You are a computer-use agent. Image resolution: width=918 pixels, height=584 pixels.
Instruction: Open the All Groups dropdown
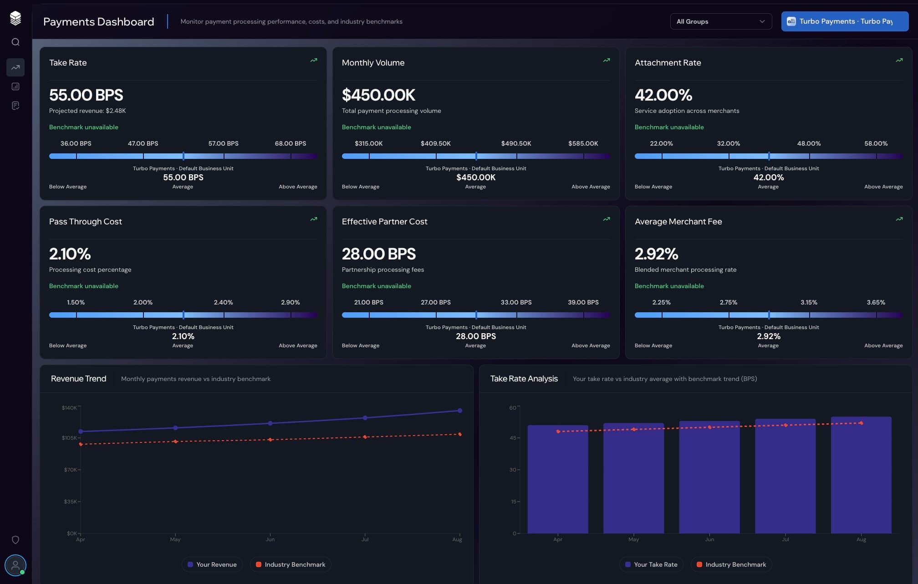tap(720, 21)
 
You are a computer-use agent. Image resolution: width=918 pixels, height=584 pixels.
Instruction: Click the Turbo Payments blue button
tap(844, 21)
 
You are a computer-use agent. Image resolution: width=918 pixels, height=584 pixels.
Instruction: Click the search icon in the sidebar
tap(15, 42)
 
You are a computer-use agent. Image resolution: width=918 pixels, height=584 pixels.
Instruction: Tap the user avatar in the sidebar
tap(15, 565)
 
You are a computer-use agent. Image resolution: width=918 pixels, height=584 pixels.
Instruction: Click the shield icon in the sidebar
tap(15, 540)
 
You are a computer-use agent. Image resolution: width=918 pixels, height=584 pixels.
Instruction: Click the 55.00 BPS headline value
tap(86, 95)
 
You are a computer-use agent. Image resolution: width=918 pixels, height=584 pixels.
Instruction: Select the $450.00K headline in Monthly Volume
tap(378, 95)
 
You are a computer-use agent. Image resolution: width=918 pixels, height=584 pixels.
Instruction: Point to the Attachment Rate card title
tap(668, 63)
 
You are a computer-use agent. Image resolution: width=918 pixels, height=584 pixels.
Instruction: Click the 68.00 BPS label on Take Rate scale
tap(290, 143)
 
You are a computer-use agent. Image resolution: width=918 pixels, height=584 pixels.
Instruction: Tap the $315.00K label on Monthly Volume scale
tap(368, 143)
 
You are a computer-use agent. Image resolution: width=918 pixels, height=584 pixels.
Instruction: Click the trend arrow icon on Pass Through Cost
tap(314, 219)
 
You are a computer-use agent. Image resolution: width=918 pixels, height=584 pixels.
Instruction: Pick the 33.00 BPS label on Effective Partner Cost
tap(516, 302)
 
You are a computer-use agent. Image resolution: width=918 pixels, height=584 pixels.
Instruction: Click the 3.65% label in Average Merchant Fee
tap(876, 302)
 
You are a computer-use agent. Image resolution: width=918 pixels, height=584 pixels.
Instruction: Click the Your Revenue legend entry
tap(212, 564)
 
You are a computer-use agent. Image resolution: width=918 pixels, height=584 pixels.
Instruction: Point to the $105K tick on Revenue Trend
tap(69, 438)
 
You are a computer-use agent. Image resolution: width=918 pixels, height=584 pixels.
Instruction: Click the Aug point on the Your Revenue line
tap(460, 411)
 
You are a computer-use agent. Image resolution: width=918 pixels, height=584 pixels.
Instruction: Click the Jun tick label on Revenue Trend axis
tap(270, 539)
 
